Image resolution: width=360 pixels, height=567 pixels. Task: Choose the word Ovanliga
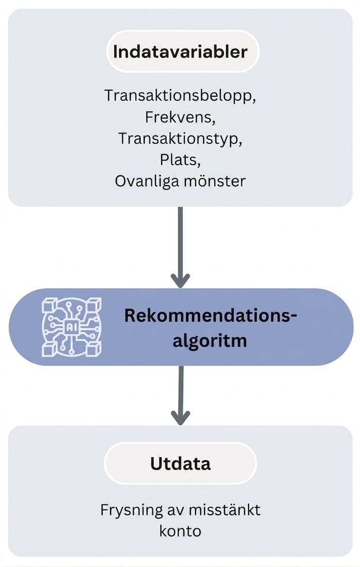(x=147, y=181)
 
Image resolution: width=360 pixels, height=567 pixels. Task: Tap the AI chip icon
(x=71, y=327)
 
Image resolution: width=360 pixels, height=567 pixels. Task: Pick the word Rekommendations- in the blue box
(x=210, y=315)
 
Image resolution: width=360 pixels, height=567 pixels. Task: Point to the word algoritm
(x=210, y=341)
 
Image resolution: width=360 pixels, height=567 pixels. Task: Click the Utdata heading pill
(x=180, y=463)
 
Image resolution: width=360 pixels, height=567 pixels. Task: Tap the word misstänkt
(x=225, y=510)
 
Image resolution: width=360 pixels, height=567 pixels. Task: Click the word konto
(x=180, y=531)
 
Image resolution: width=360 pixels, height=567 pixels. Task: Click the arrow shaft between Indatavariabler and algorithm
(x=180, y=243)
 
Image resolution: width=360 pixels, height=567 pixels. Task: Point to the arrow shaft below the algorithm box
(x=180, y=390)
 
